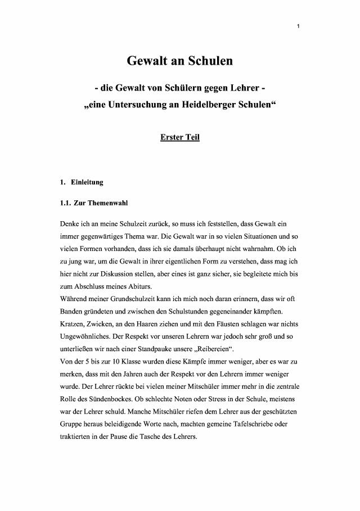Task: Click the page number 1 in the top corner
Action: pos(299,26)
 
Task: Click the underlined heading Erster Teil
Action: pos(180,137)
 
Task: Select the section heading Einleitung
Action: pos(87,182)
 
